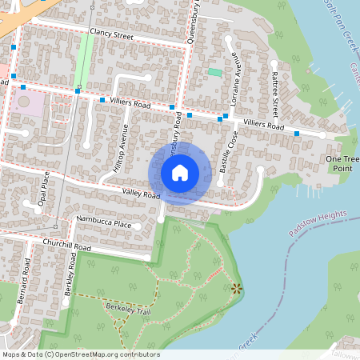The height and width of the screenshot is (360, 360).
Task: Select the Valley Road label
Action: (141, 194)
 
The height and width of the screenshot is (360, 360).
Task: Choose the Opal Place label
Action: (45, 189)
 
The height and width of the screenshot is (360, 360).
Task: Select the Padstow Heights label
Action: (318, 224)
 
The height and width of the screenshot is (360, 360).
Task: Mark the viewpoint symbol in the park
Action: (235, 288)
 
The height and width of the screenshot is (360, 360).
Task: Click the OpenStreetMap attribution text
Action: (80, 354)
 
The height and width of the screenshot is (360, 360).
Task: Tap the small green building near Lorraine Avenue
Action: (214, 73)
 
